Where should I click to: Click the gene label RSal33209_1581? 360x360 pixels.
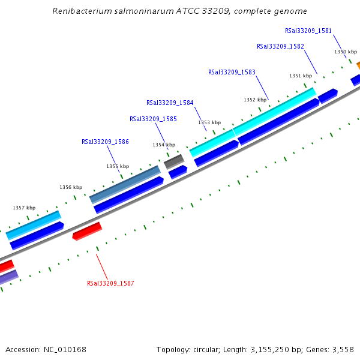point(308,31)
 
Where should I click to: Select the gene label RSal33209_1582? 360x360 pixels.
point(280,46)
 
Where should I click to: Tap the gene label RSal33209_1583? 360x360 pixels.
point(232,72)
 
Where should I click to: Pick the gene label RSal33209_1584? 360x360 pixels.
point(170,103)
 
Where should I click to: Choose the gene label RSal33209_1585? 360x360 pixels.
point(153,119)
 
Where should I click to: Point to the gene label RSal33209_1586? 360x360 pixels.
point(105,142)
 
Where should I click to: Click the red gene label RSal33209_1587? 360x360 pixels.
point(110,283)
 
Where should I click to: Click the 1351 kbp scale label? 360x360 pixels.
point(301,76)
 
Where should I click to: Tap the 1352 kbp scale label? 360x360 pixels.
point(254,100)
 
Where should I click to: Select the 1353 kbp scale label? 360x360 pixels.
point(209,122)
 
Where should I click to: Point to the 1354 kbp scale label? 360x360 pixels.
point(164,145)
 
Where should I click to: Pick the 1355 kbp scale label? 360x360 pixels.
point(118,166)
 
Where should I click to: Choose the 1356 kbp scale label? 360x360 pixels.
point(71,187)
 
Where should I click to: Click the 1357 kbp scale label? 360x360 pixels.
point(24,208)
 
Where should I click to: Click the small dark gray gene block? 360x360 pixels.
point(174,161)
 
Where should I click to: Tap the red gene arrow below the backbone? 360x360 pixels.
point(87,231)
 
